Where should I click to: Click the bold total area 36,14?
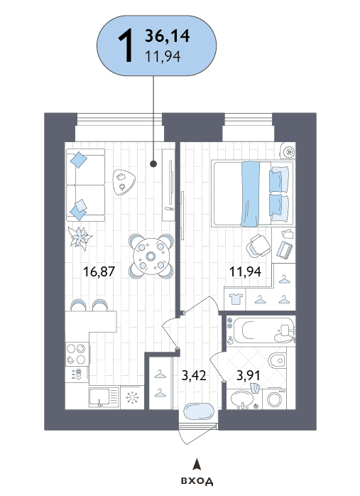167,36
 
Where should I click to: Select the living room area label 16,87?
99,271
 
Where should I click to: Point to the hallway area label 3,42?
194,375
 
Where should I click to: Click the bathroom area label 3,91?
249,375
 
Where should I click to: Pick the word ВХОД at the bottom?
197,481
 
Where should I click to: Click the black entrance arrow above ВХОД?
197,464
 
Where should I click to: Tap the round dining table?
151,256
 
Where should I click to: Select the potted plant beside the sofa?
80,238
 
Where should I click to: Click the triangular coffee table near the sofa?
124,182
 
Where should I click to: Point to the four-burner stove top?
77,354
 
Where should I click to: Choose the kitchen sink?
100,398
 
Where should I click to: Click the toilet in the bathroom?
277,360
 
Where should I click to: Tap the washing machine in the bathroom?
274,399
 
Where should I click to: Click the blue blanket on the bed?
250,194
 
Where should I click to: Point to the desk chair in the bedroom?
258,246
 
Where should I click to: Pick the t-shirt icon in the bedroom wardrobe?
236,298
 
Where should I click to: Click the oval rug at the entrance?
199,411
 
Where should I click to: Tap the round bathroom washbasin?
242,399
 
